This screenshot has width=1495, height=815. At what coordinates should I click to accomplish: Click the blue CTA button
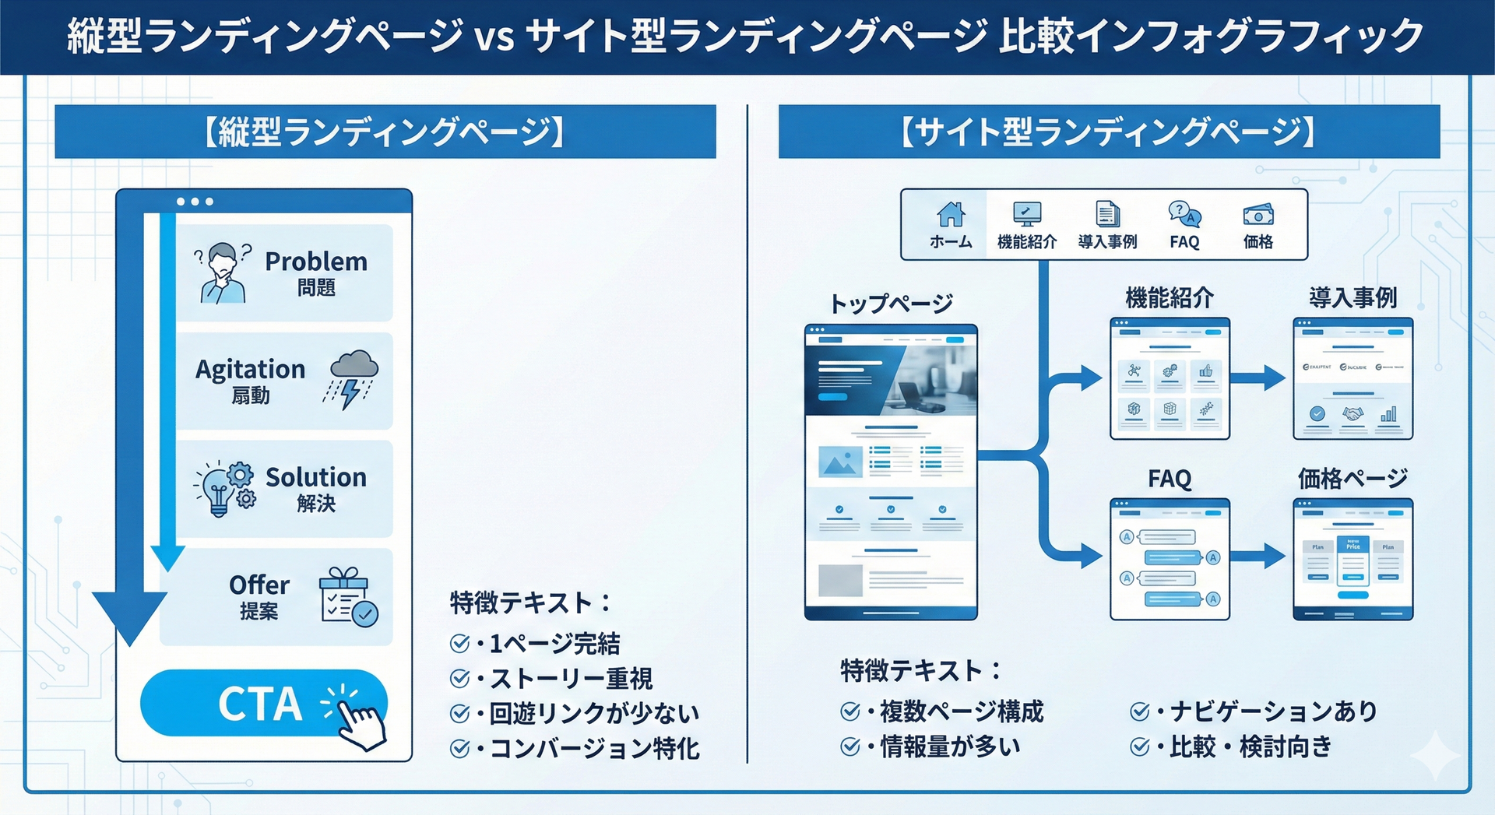[x=257, y=703]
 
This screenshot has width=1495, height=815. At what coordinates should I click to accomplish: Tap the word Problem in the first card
[x=315, y=262]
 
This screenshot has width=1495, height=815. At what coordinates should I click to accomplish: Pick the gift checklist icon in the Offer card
[x=348, y=597]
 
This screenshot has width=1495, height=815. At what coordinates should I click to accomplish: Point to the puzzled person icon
[x=223, y=272]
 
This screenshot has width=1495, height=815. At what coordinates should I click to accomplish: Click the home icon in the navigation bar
[x=951, y=213]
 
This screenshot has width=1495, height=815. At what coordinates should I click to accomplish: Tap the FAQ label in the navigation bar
[x=1184, y=242]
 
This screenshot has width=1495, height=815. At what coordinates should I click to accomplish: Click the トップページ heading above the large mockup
[x=891, y=304]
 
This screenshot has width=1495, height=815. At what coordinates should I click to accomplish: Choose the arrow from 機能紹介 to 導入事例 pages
[x=1258, y=378]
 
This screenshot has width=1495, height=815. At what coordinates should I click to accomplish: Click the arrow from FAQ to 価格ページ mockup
[x=1258, y=556]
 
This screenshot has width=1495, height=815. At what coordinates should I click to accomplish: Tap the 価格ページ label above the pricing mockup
[x=1353, y=479]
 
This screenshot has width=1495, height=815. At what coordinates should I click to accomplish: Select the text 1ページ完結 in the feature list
[x=554, y=644]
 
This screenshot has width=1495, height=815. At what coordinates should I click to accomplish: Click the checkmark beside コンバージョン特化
[x=459, y=749]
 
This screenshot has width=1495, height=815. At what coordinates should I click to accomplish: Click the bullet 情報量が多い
[x=949, y=746]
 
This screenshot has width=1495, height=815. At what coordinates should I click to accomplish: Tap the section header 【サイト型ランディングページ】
[x=1109, y=132]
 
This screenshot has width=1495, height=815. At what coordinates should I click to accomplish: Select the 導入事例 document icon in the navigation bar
[x=1107, y=213]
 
